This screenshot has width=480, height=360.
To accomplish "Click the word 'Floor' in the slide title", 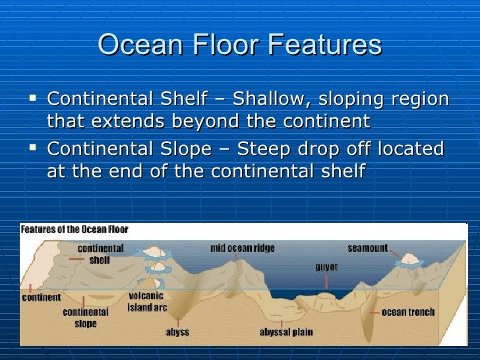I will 216,45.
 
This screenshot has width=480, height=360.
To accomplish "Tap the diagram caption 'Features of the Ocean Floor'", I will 75,229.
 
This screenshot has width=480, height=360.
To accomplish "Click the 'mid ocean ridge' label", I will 243,249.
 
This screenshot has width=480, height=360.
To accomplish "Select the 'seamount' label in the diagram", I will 367,249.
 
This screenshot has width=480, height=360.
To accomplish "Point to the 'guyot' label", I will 326,268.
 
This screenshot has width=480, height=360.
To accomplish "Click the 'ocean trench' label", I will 408,312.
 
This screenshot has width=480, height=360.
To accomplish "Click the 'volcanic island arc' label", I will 146,302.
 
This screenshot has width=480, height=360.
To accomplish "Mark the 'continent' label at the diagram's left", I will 42,297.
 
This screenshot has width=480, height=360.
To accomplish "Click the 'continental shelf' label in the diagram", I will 100,254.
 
